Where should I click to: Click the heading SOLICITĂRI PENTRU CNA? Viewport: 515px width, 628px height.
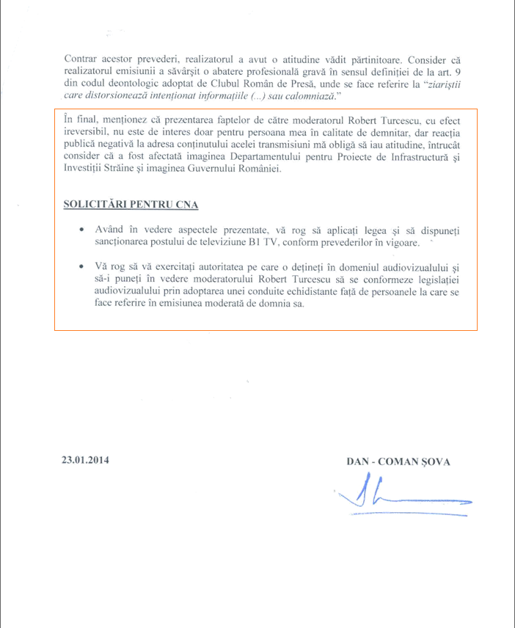point(131,204)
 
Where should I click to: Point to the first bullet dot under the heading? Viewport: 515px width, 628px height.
point(82,230)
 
